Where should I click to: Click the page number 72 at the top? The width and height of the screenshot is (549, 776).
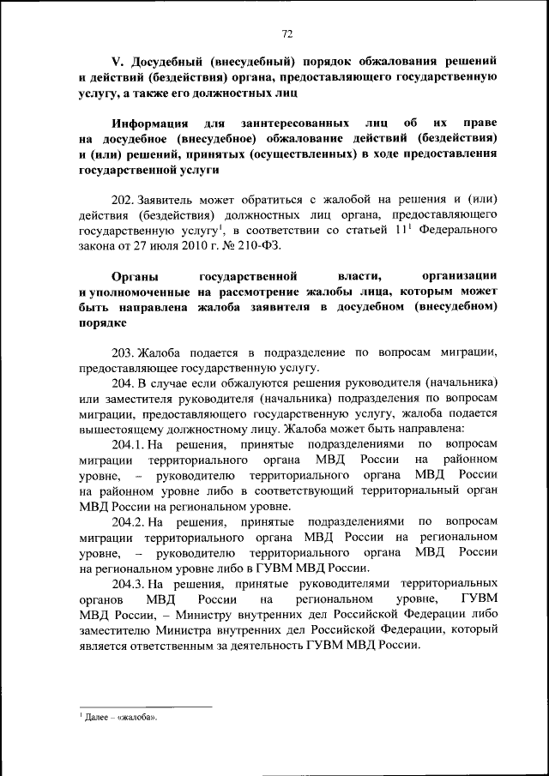(x=287, y=33)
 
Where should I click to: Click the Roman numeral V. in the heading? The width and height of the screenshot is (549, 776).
(x=119, y=62)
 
